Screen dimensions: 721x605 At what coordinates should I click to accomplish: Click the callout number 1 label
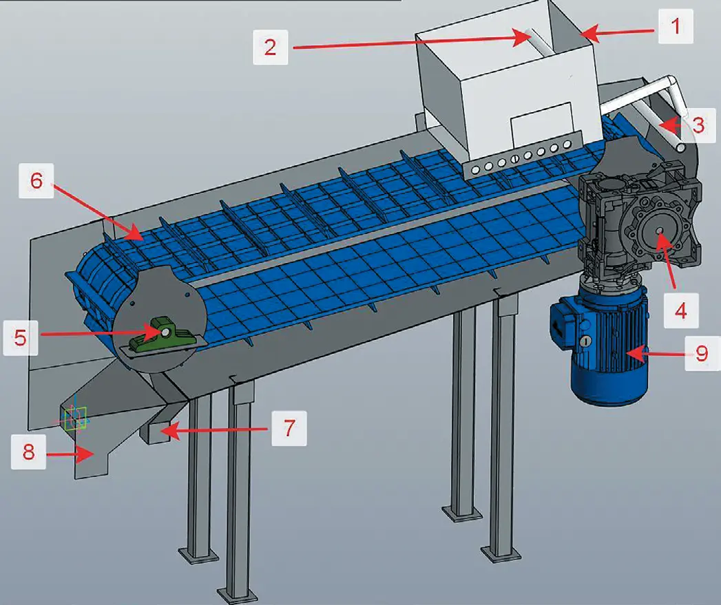pyautogui.click(x=676, y=26)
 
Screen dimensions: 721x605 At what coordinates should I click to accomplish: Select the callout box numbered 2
pyautogui.click(x=271, y=47)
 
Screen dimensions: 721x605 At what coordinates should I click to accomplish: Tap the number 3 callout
pyautogui.click(x=698, y=125)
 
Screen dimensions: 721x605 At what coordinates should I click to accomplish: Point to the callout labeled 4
pyautogui.click(x=681, y=310)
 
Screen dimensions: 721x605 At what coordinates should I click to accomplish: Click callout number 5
pyautogui.click(x=20, y=338)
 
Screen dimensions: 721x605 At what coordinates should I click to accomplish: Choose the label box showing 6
pyautogui.click(x=36, y=180)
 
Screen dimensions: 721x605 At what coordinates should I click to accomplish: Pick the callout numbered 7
pyautogui.click(x=289, y=429)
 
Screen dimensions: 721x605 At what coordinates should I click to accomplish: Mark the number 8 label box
pyautogui.click(x=28, y=452)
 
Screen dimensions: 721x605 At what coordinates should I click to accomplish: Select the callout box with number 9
pyautogui.click(x=702, y=354)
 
